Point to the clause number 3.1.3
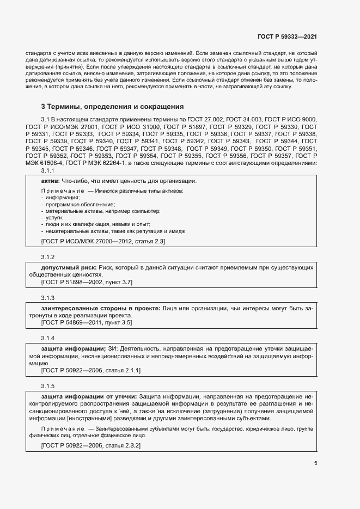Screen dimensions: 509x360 48,298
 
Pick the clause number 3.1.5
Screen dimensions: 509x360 48,386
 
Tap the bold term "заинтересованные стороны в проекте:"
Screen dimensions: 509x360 100,309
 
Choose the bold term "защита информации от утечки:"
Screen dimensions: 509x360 89,396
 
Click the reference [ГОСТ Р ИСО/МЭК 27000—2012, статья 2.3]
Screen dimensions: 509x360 103,241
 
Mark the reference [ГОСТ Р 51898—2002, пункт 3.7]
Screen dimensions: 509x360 87,282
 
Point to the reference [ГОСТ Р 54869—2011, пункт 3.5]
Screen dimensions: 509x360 87,322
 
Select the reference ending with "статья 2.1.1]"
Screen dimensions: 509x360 91,370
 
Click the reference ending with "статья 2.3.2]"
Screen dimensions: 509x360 91,445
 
